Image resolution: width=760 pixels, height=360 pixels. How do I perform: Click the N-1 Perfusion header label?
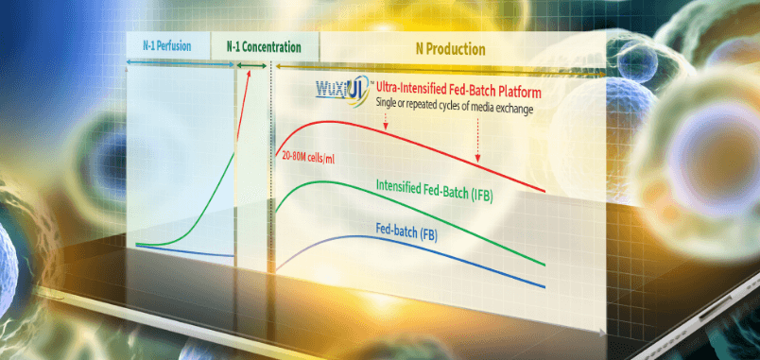click(x=166, y=46)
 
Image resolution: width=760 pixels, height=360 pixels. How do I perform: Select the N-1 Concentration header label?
click(x=264, y=47)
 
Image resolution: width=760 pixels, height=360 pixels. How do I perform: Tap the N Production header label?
click(x=450, y=49)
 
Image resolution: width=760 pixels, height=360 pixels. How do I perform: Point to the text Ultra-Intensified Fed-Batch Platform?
click(x=458, y=93)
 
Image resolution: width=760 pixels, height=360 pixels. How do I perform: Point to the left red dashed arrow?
click(x=386, y=122)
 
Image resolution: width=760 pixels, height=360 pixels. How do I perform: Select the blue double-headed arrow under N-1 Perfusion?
click(x=181, y=63)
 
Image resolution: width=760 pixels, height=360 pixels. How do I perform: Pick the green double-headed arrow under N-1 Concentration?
click(x=251, y=65)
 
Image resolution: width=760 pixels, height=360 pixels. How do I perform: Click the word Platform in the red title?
click(x=521, y=93)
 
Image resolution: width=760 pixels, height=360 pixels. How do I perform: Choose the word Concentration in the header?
click(x=271, y=47)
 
